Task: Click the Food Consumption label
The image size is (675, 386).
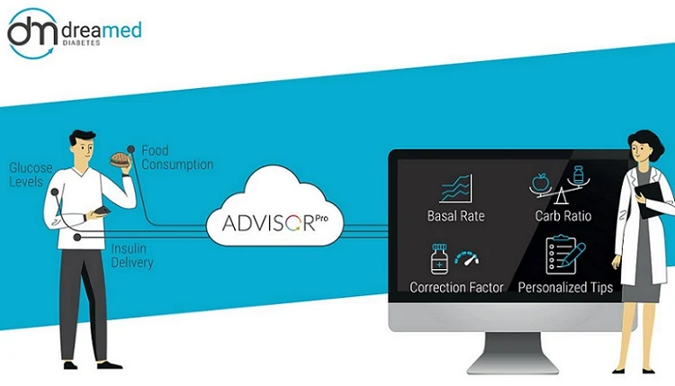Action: (x=176, y=157)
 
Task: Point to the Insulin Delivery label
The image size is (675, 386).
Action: (x=132, y=256)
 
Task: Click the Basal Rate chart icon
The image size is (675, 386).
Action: (x=455, y=188)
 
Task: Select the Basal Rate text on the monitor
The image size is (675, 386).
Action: (x=455, y=217)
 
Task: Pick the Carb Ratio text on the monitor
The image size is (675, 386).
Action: (x=562, y=217)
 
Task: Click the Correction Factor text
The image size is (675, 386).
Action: (x=455, y=288)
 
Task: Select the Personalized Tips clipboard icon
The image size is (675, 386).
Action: (x=565, y=256)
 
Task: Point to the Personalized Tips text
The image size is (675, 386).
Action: (x=565, y=288)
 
